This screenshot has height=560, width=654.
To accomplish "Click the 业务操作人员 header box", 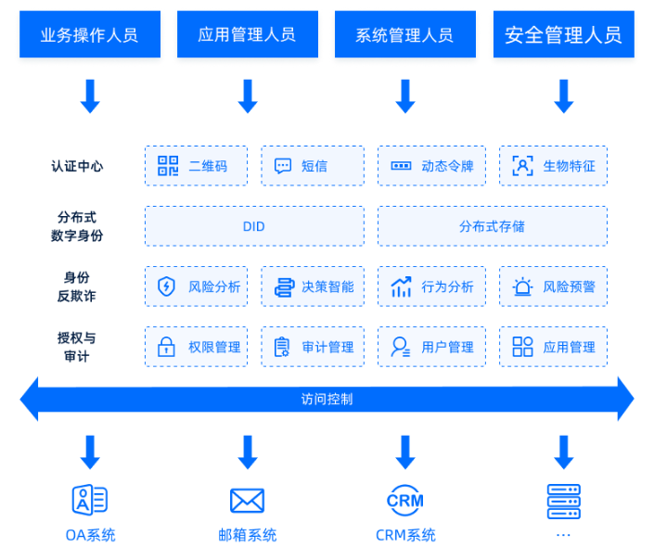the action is [x=90, y=34].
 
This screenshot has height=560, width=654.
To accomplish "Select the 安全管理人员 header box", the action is [x=564, y=34].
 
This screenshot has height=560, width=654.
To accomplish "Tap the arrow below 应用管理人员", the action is [x=248, y=95].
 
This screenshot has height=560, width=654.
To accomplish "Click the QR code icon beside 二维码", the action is [x=168, y=166].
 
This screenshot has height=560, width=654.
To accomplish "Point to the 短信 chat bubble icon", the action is [x=283, y=166].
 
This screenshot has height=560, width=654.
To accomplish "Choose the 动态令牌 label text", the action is [x=447, y=166].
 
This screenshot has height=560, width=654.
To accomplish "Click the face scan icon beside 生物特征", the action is [x=522, y=166].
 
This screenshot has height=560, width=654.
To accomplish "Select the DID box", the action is [x=254, y=226].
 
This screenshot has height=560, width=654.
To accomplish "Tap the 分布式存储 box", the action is [x=493, y=226].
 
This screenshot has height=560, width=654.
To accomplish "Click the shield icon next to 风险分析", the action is [x=166, y=286].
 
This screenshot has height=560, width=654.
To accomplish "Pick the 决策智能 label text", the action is [x=327, y=286].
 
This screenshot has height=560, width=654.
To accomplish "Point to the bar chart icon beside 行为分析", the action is [x=402, y=286].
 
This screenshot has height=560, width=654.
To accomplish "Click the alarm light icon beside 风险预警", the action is [x=522, y=286].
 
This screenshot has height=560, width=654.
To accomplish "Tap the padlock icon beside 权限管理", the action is [x=166, y=347].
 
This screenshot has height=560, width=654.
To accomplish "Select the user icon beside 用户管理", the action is [x=401, y=347].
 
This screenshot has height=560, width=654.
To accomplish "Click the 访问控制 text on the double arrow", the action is [x=327, y=399].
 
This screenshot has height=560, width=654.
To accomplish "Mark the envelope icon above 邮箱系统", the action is [x=248, y=501].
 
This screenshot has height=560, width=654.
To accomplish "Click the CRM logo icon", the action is [x=405, y=501].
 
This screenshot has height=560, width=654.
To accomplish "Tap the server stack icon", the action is [x=563, y=502].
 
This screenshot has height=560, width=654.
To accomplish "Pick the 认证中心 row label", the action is [x=77, y=166].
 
